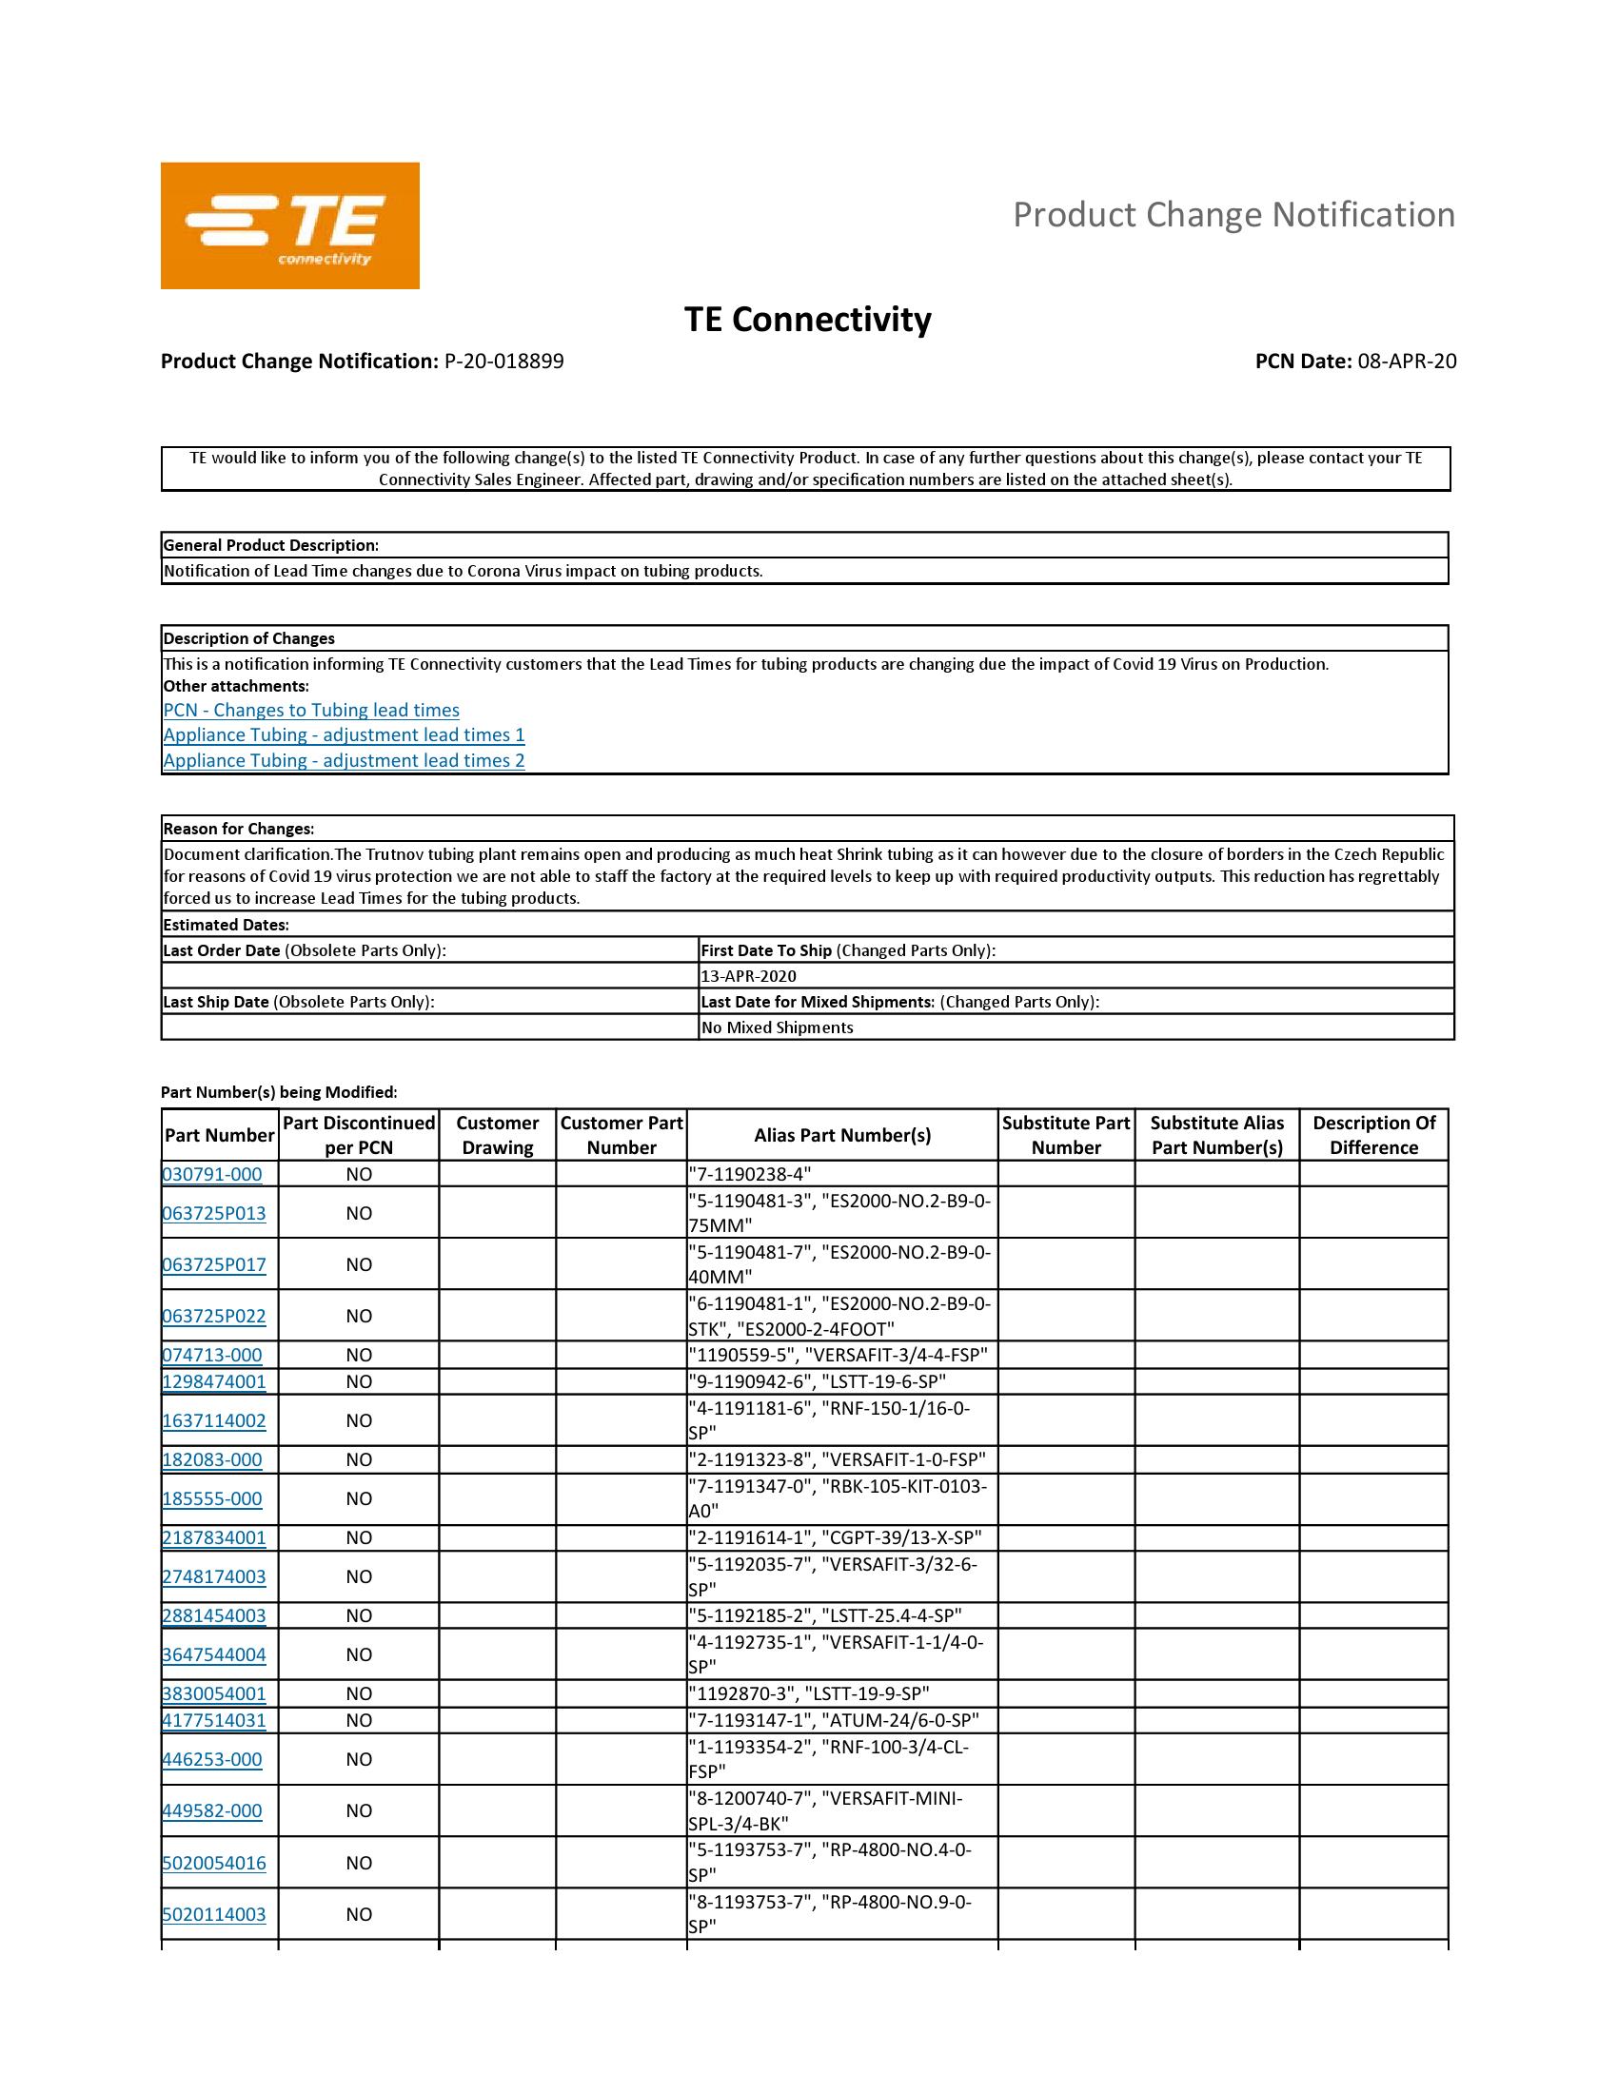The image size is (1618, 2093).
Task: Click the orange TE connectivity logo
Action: pyautogui.click(x=289, y=225)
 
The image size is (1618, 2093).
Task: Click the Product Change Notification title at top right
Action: pyautogui.click(x=1233, y=215)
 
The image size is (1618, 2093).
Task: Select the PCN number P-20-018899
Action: pyautogui.click(x=504, y=362)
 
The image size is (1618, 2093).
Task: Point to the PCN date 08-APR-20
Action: pyautogui.click(x=1406, y=362)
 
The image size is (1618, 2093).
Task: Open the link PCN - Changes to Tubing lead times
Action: pyautogui.click(x=310, y=710)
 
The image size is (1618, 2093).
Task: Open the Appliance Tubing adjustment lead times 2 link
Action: pyautogui.click(x=344, y=760)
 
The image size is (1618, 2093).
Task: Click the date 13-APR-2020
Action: pyautogui.click(x=748, y=975)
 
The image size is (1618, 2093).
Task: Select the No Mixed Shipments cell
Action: pyautogui.click(x=777, y=1027)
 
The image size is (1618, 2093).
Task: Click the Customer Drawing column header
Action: pyautogui.click(x=497, y=1135)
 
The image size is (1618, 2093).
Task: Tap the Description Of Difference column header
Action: pyautogui.click(x=1372, y=1135)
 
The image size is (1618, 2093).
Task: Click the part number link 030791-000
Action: pyautogui.click(x=212, y=1174)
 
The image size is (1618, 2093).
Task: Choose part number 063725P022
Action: pyautogui.click(x=214, y=1316)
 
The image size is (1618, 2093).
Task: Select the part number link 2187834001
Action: pyautogui.click(x=214, y=1538)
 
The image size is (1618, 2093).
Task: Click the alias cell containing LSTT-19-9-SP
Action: pyautogui.click(x=809, y=1693)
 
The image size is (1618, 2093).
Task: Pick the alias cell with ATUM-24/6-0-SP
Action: pyautogui.click(x=834, y=1720)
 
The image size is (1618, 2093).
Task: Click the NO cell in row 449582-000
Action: pyautogui.click(x=359, y=1810)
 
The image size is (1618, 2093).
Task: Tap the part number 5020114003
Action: pyautogui.click(x=214, y=1914)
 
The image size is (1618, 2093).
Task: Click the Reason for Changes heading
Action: pyautogui.click(x=239, y=829)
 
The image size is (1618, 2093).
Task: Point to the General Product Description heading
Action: pyautogui.click(x=271, y=545)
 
